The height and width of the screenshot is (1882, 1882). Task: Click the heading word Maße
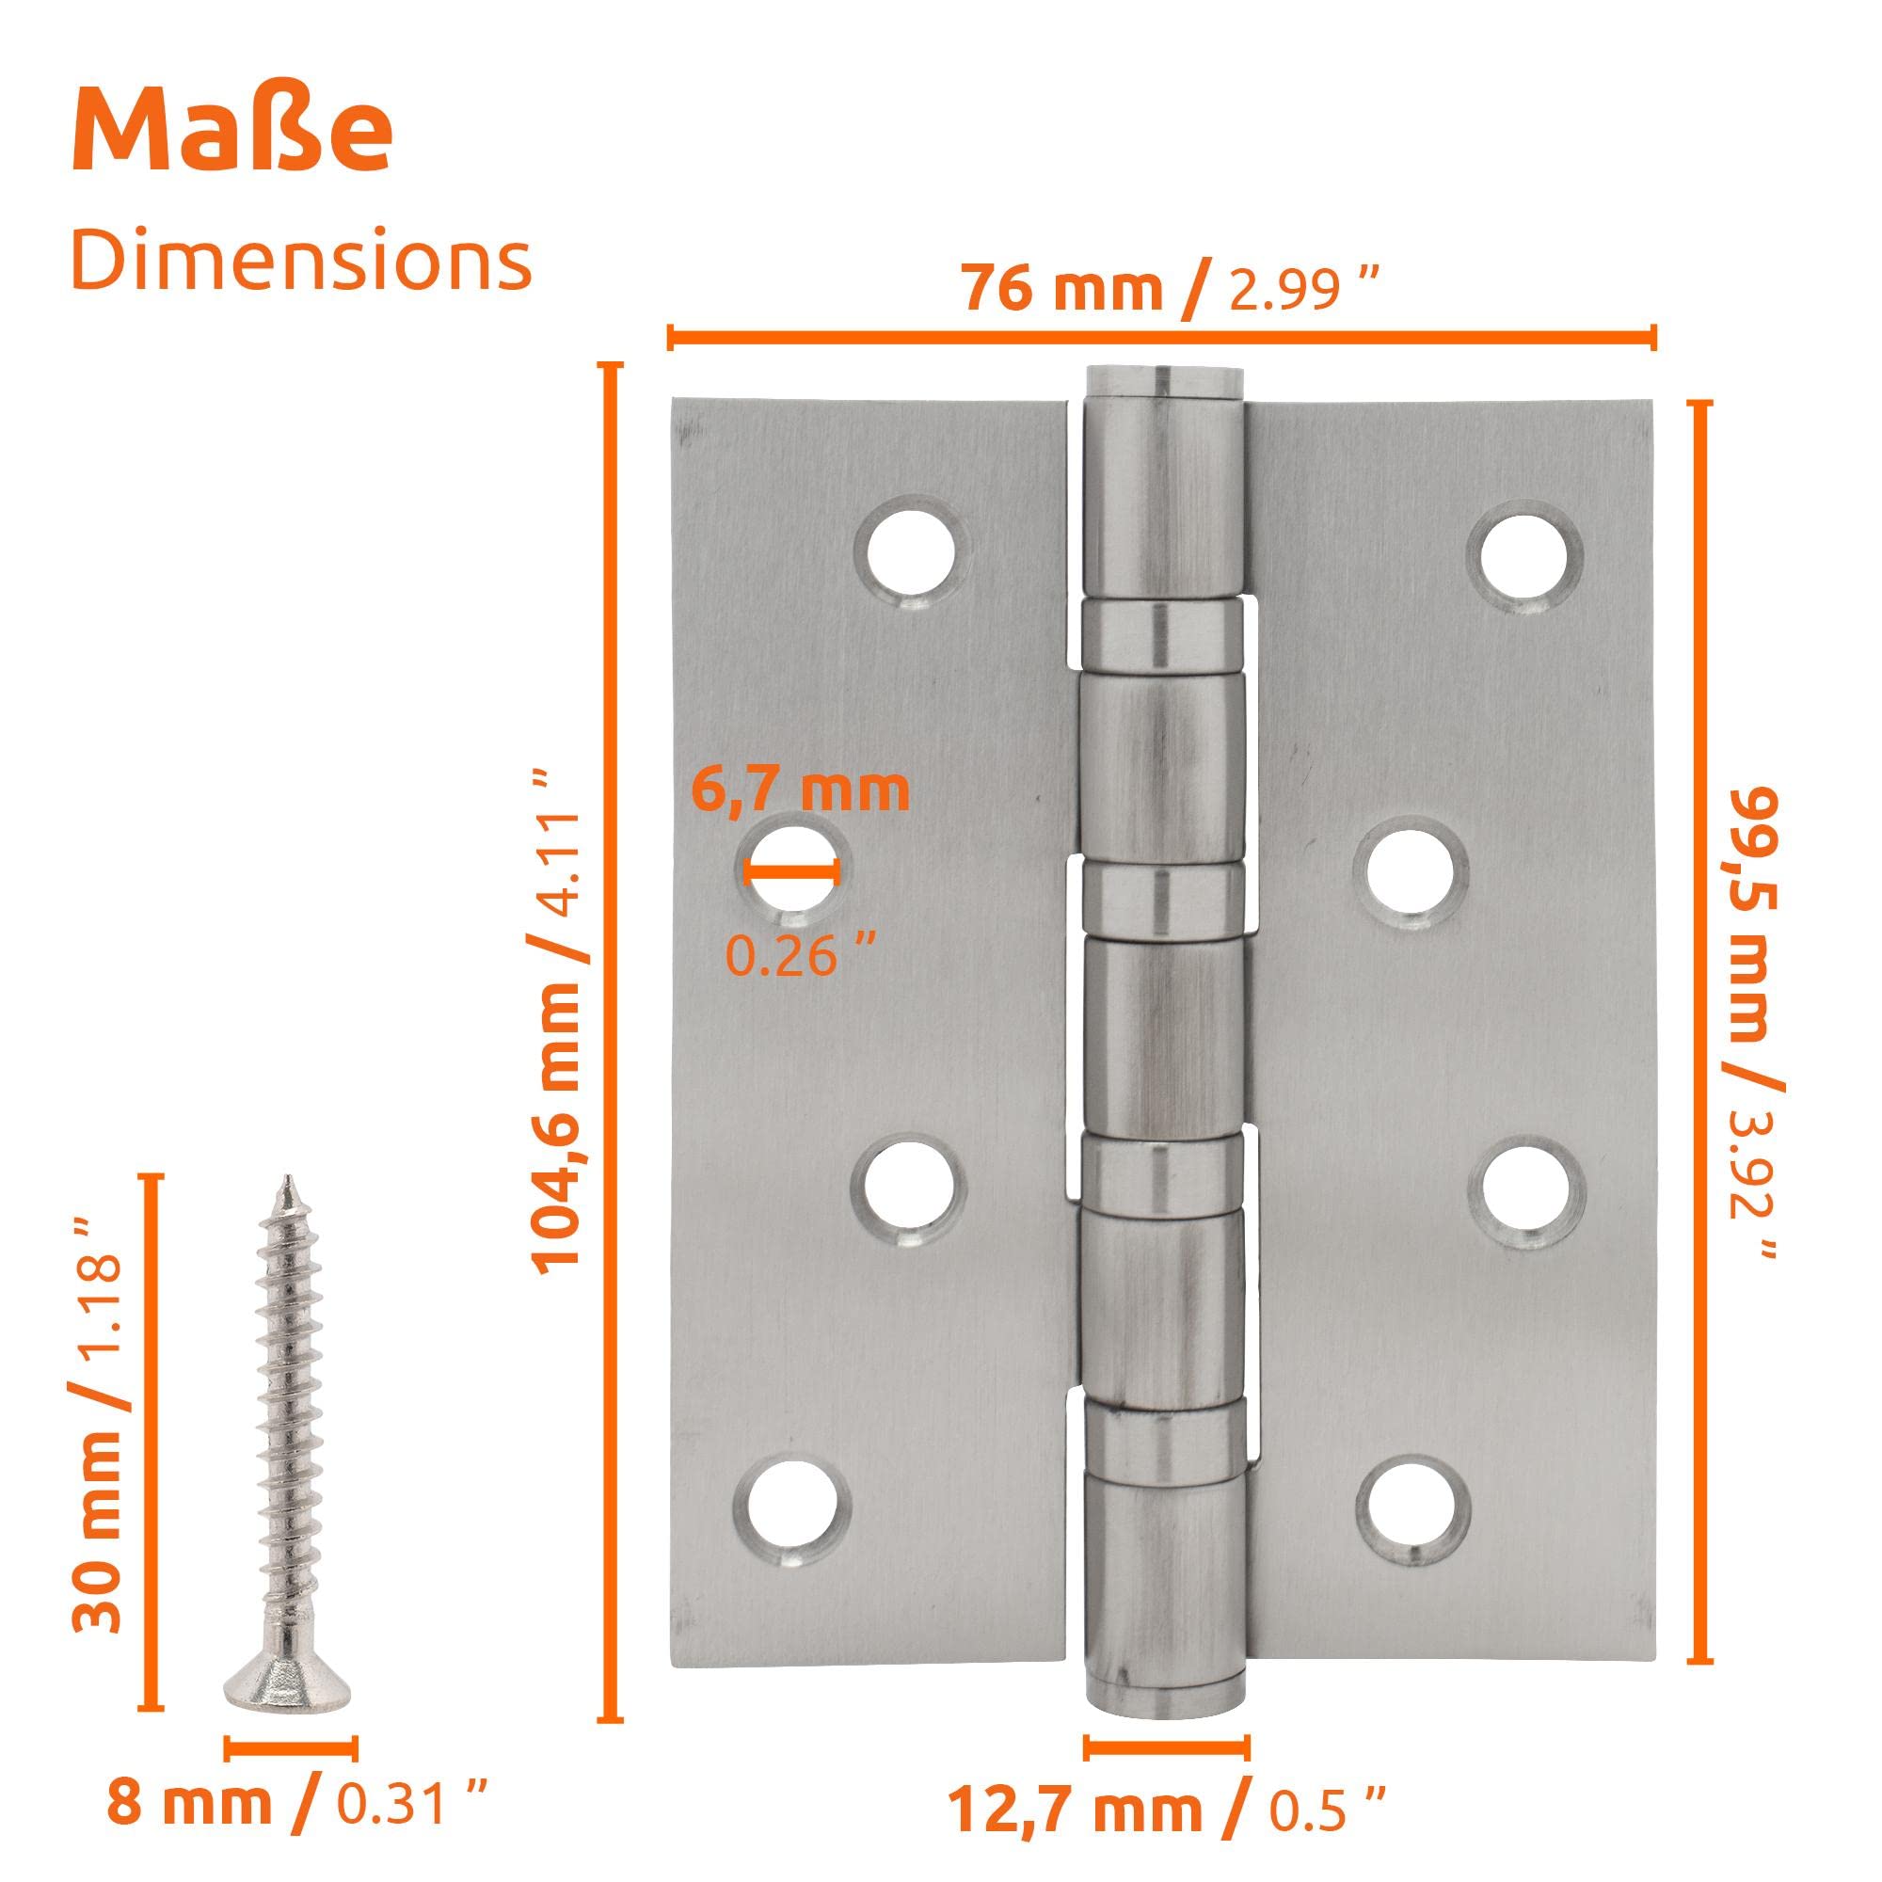(x=231, y=130)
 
